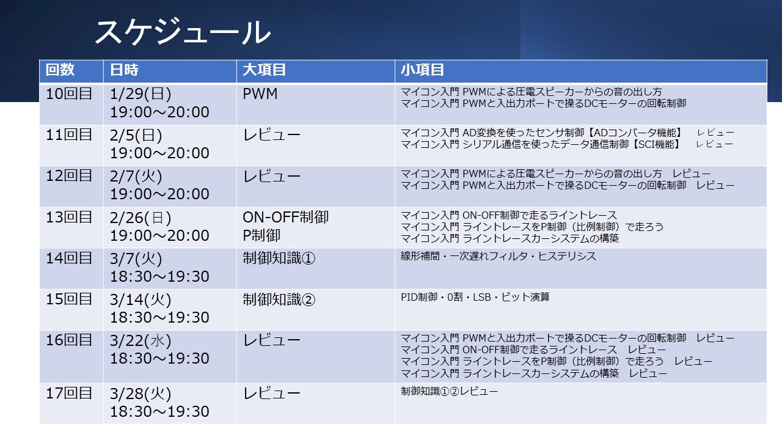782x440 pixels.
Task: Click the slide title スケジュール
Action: click(183, 32)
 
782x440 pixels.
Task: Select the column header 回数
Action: click(60, 70)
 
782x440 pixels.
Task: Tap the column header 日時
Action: click(124, 70)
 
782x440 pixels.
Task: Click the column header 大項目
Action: click(265, 70)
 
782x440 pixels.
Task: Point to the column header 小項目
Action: click(422, 70)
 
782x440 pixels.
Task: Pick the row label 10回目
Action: click(69, 94)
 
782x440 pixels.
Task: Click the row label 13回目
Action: click(69, 217)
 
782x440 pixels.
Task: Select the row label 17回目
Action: click(69, 393)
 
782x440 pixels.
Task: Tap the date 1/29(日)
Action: click(141, 94)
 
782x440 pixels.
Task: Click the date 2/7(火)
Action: click(136, 176)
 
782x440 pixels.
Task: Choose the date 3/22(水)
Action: click(141, 340)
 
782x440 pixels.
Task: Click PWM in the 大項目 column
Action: click(260, 94)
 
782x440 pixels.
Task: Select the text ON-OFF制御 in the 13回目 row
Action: click(285, 217)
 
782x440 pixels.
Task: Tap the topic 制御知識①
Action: click(279, 258)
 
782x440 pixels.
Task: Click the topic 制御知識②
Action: click(279, 299)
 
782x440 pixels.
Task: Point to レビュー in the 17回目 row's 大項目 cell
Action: click(272, 394)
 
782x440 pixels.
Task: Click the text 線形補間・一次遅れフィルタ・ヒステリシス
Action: click(498, 256)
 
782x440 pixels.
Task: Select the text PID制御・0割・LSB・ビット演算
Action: click(475, 297)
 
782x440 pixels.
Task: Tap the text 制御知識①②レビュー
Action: click(449, 391)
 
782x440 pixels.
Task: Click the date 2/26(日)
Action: click(141, 218)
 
